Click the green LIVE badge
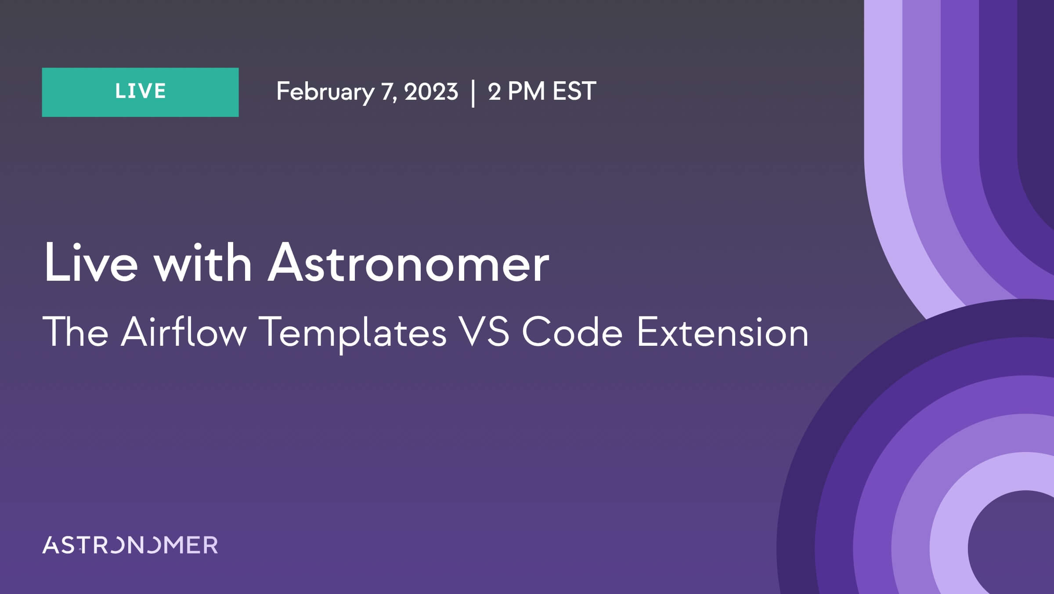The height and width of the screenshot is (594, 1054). click(140, 92)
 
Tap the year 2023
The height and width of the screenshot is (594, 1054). click(431, 91)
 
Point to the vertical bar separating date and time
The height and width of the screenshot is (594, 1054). click(473, 93)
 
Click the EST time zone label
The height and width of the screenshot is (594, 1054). click(574, 91)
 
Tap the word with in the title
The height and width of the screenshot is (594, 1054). click(202, 263)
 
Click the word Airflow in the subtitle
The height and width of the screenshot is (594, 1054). click(184, 332)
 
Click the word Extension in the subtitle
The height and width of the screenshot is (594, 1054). click(722, 332)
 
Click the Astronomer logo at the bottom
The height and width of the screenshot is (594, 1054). click(130, 545)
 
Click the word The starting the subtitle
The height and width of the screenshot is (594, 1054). click(76, 332)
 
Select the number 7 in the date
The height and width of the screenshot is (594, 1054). click(386, 91)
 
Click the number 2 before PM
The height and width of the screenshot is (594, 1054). click(495, 91)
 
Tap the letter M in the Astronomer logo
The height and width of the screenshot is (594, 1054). click(172, 545)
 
